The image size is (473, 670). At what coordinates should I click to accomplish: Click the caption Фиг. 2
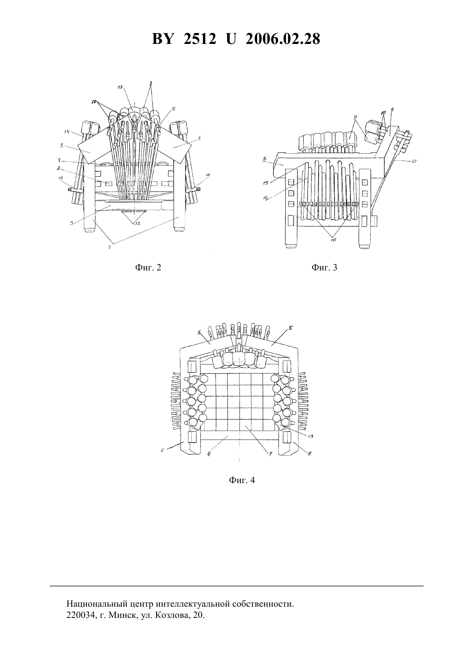(148, 267)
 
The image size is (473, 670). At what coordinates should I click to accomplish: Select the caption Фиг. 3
(324, 267)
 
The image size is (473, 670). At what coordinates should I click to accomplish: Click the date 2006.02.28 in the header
(283, 39)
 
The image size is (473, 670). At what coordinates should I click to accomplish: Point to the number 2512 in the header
(200, 39)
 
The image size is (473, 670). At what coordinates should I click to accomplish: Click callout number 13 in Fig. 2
(120, 87)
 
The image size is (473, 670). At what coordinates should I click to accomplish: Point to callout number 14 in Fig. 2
(67, 132)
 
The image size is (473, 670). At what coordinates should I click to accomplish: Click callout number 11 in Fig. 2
(169, 110)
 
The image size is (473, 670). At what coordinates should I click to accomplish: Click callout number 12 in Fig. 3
(413, 161)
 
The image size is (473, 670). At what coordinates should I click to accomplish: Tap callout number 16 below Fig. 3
(334, 239)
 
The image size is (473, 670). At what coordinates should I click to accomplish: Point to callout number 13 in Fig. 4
(310, 437)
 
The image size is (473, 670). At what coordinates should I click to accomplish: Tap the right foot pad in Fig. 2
(179, 230)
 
